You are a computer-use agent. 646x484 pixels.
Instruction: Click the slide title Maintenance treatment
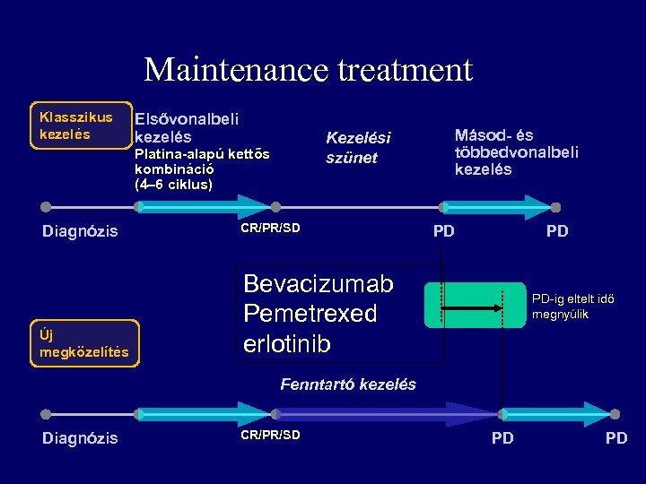click(x=308, y=69)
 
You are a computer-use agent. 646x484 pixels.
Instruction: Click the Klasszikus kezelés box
click(x=77, y=125)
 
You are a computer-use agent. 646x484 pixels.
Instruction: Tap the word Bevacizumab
click(x=319, y=284)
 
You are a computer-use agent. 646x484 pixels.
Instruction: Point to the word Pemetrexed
click(x=310, y=314)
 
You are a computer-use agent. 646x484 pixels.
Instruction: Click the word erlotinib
click(x=287, y=344)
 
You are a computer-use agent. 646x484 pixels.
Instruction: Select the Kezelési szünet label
click(x=358, y=148)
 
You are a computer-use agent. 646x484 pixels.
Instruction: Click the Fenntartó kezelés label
click(x=348, y=385)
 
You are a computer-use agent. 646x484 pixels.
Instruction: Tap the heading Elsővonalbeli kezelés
click(x=186, y=127)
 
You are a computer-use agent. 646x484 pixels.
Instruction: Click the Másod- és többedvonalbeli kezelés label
click(x=516, y=152)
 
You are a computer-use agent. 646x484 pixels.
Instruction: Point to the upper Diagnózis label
click(x=80, y=231)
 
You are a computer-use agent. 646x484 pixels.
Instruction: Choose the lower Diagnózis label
click(x=80, y=438)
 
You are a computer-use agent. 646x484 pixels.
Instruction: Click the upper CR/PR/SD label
click(x=270, y=228)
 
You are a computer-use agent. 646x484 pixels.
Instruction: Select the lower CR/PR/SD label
click(x=270, y=436)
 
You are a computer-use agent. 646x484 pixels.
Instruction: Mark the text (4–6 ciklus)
click(x=173, y=185)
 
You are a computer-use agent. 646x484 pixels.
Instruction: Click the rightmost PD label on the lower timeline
click(x=616, y=438)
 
